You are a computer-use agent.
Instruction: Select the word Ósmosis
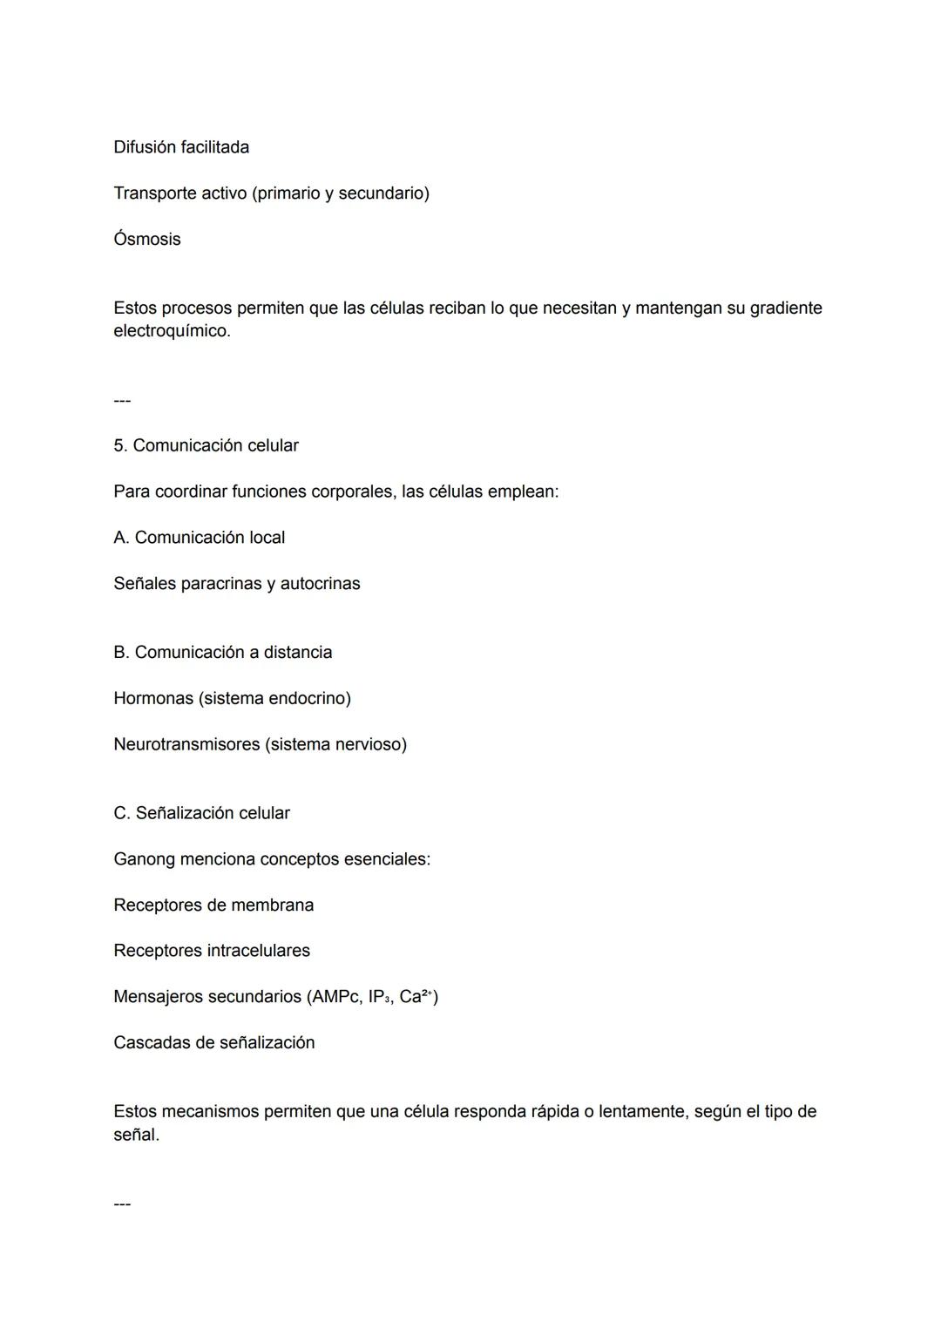(147, 240)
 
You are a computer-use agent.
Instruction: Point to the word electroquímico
(171, 332)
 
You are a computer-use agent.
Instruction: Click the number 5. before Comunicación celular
(120, 446)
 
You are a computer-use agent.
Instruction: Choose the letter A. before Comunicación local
(121, 538)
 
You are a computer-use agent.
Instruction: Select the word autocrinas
(320, 584)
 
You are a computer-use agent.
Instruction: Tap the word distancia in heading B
(298, 653)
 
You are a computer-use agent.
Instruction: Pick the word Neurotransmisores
(186, 745)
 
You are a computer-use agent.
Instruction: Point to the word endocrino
(308, 699)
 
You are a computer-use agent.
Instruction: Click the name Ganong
(144, 860)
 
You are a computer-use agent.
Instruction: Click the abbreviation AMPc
(335, 997)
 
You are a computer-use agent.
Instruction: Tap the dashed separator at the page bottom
(122, 1204)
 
